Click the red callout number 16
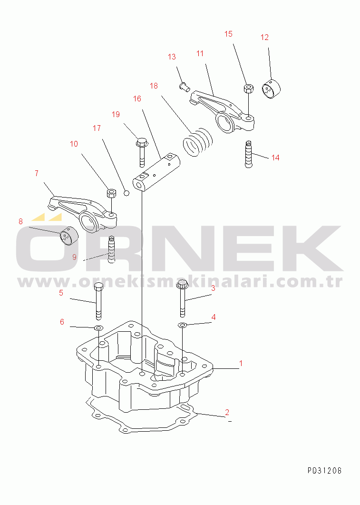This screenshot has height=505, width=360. coord(137,99)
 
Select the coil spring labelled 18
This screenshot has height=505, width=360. coord(197,142)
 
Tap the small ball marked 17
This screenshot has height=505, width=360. coord(126,193)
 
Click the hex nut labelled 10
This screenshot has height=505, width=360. coord(111,193)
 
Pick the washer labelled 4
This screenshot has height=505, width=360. coord(182,325)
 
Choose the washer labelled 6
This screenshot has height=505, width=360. coord(98,328)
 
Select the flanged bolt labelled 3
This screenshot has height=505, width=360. coord(182,298)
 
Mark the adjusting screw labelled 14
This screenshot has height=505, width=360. coord(249,154)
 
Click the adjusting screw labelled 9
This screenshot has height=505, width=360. coord(111,249)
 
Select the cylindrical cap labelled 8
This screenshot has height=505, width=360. coord(69,236)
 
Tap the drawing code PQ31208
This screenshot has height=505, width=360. coord(324,471)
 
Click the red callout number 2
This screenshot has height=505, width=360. coord(227,412)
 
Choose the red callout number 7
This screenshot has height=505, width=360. coord(37,173)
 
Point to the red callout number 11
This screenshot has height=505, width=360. coord(200,53)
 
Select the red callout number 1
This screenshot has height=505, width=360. coord(241,363)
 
